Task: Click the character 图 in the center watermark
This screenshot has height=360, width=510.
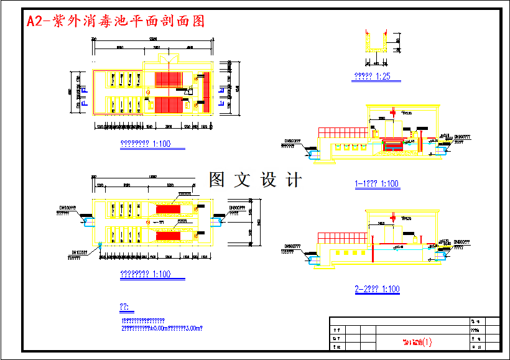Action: click(218, 180)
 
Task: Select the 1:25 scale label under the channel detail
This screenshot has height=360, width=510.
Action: click(372, 77)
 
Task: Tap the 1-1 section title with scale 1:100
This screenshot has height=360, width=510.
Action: click(376, 184)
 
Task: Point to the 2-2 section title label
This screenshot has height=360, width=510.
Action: click(377, 289)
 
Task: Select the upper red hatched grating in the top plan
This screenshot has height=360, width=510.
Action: click(168, 79)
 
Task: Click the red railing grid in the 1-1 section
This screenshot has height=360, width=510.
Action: click(341, 131)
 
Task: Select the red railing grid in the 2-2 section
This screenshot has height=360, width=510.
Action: click(340, 238)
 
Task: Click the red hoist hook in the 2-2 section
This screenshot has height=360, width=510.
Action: click(373, 251)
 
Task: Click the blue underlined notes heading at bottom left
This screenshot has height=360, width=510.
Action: click(124, 307)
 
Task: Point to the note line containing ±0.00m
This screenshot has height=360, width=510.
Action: click(163, 328)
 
